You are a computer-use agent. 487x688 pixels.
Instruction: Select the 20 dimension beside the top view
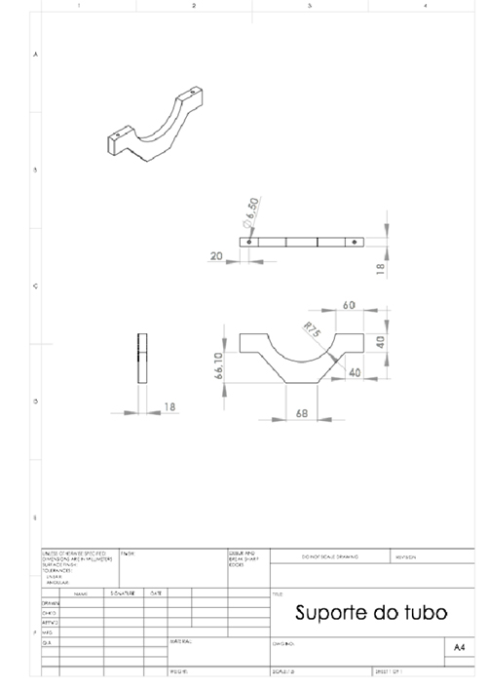click(215, 256)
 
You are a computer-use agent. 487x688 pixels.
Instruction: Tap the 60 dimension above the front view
click(349, 306)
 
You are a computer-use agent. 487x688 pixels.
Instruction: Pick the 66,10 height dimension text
click(218, 367)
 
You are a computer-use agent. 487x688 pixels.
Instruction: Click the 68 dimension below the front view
click(303, 414)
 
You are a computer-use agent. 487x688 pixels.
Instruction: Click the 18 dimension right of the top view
click(380, 264)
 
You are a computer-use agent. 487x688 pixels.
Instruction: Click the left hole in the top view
click(250, 241)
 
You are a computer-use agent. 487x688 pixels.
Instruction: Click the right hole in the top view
click(355, 241)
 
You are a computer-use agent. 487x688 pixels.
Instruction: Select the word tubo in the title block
click(425, 613)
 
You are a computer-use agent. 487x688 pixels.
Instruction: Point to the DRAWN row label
click(51, 603)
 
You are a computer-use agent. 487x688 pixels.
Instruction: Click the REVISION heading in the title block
click(406, 557)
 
